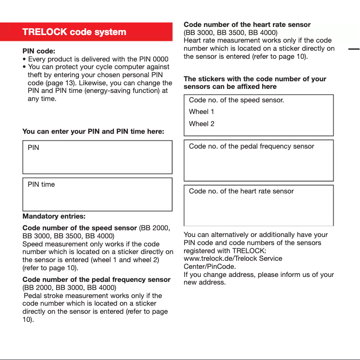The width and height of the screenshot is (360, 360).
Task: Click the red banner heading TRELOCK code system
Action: click(x=74, y=32)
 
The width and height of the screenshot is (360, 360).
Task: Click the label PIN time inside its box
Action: click(x=41, y=184)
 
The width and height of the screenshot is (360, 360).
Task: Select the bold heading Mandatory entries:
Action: click(x=54, y=216)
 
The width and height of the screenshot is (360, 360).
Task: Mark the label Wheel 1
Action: click(x=202, y=112)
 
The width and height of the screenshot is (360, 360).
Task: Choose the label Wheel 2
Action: click(x=202, y=124)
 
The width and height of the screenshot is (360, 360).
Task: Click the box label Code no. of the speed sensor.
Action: click(x=236, y=100)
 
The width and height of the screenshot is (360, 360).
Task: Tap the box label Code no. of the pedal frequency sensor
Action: click(x=251, y=146)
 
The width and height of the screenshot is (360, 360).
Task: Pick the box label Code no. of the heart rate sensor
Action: click(x=241, y=191)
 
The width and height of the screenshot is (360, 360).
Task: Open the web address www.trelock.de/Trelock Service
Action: click(x=233, y=259)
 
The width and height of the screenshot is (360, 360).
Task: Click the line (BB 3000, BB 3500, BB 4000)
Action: click(x=231, y=32)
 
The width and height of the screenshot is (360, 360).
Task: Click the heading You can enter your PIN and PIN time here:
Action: click(x=93, y=132)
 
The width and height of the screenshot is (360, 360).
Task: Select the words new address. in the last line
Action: click(x=205, y=283)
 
